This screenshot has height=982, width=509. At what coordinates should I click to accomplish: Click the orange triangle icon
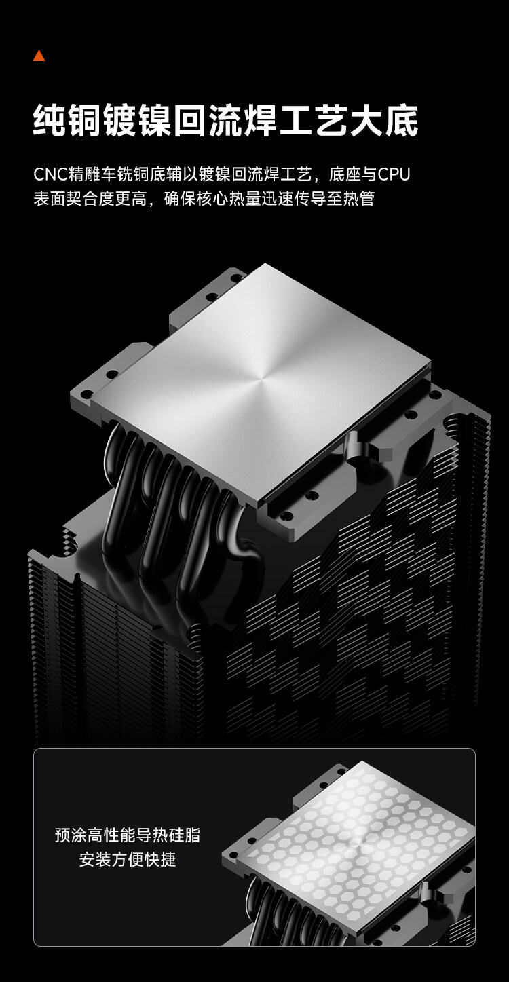click(x=39, y=56)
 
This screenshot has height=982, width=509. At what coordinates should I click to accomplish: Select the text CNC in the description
click(x=51, y=174)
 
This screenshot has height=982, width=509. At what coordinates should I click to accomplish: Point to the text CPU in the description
click(x=394, y=174)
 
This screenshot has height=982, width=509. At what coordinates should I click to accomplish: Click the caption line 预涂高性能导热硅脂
click(x=127, y=835)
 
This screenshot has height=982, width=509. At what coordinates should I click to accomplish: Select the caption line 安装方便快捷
click(x=127, y=860)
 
